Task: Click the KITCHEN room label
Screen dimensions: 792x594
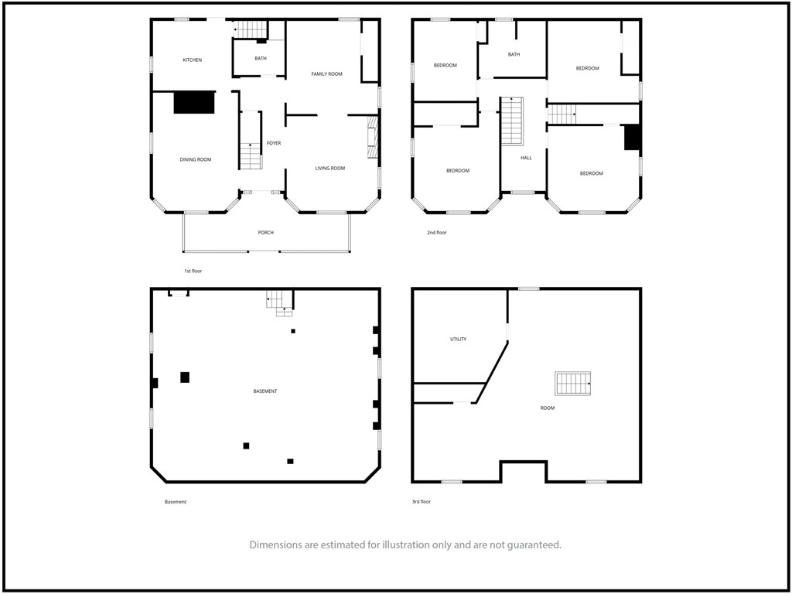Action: tap(192, 60)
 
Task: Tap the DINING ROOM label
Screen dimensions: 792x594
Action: tap(196, 159)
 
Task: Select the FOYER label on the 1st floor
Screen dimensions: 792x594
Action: tap(274, 143)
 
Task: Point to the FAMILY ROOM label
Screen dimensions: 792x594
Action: tap(327, 74)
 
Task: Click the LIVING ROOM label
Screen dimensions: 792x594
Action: tap(329, 169)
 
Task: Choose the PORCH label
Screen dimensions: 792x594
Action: tap(266, 233)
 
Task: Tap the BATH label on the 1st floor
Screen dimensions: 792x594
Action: tap(261, 59)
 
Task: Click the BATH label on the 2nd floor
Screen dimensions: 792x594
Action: tap(514, 55)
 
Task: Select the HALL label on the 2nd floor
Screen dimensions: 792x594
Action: tap(526, 158)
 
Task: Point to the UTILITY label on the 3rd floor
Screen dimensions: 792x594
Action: tap(458, 340)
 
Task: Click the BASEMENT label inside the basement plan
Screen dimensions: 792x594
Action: tap(265, 391)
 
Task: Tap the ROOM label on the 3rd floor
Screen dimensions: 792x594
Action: tap(548, 408)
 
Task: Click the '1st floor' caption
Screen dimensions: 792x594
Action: tap(193, 271)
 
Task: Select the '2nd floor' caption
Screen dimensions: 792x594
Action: tap(437, 233)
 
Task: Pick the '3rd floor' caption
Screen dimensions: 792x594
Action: tap(422, 502)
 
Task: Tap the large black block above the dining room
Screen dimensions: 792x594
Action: tap(194, 103)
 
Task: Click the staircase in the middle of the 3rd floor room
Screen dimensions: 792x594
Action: tap(573, 384)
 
